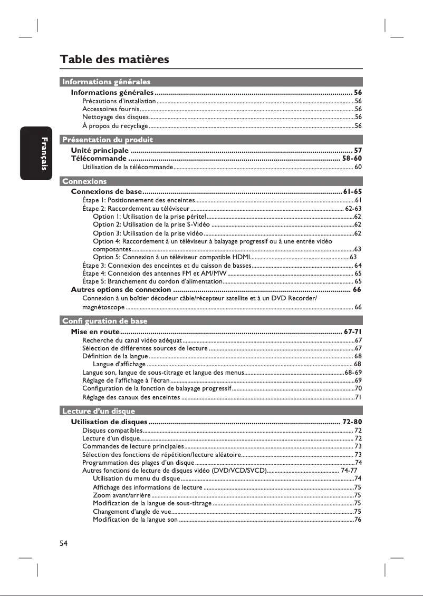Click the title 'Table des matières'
coord(114,59)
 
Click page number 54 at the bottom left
coord(64,543)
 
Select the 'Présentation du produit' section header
coord(108,140)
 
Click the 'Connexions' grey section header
coord(84,181)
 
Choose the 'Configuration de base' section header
coord(104,321)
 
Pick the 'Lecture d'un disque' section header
coord(99,411)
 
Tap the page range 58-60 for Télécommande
coord(352,158)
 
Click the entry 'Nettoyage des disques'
coord(116,117)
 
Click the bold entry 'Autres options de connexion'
coord(121,290)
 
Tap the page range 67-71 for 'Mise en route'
coord(352,331)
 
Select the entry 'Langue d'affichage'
coord(119,364)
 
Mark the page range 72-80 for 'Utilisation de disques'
coord(352,422)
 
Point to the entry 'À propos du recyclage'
coord(115,126)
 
